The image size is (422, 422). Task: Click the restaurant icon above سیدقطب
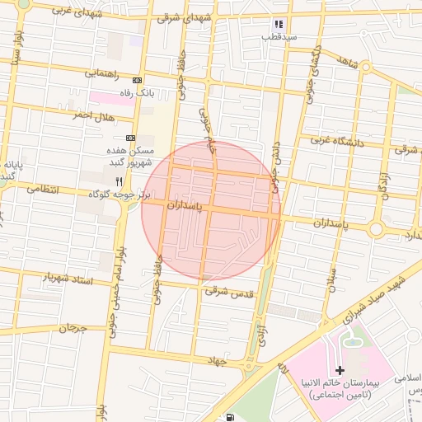[x=279, y=25]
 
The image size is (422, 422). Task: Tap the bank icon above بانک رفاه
[x=137, y=80]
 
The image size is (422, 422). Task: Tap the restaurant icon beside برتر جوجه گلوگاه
[x=120, y=181]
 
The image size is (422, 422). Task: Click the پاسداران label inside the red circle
[x=185, y=204]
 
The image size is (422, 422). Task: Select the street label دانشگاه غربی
[x=337, y=141]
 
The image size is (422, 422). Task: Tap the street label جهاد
[x=218, y=361]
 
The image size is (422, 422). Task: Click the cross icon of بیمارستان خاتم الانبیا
[x=340, y=371]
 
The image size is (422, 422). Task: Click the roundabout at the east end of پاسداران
[x=377, y=228]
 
